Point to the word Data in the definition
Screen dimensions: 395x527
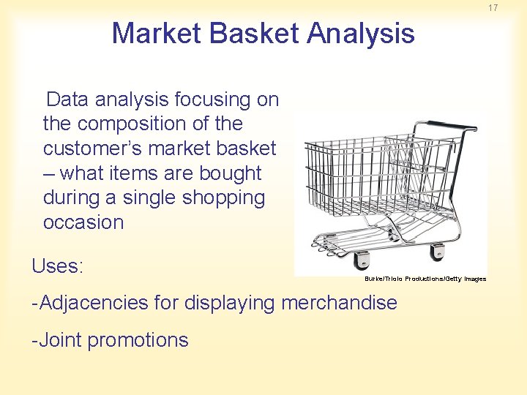[67, 99]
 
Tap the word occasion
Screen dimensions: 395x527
[83, 222]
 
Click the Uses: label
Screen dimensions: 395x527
[58, 266]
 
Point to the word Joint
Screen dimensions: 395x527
[59, 340]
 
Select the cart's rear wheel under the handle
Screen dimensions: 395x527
[438, 252]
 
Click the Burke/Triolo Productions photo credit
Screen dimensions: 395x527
[425, 279]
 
